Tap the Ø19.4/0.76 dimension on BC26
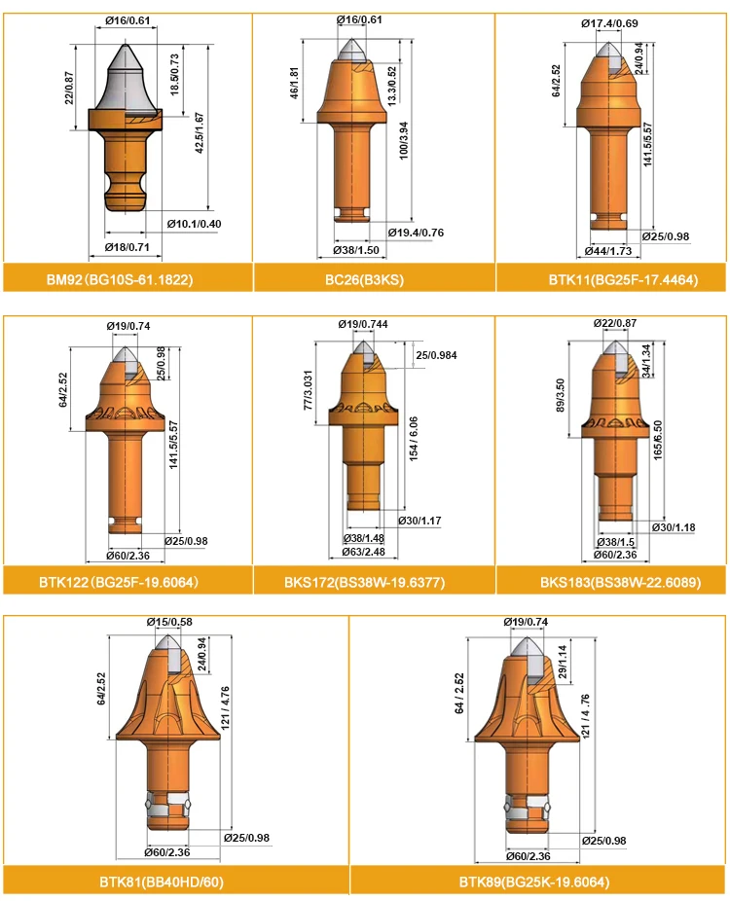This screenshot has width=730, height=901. (x=416, y=233)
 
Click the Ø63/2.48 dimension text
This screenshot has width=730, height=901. (x=369, y=552)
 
